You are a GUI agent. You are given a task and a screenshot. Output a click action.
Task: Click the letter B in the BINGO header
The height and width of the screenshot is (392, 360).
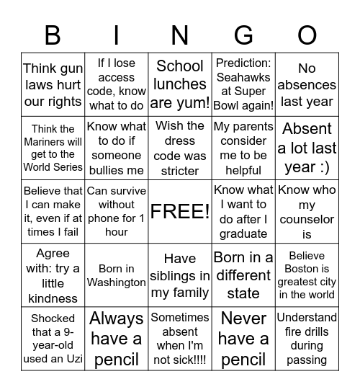[53, 35]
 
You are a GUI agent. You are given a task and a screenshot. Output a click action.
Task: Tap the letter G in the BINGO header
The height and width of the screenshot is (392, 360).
[243, 35]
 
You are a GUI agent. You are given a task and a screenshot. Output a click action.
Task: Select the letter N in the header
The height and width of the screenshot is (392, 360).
[180, 35]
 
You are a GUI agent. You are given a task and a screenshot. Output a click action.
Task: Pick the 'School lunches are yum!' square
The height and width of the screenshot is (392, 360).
[180, 84]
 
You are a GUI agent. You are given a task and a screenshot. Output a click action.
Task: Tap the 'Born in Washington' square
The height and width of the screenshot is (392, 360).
[117, 275]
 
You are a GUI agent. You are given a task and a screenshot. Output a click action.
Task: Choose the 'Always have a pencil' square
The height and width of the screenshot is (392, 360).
[117, 339]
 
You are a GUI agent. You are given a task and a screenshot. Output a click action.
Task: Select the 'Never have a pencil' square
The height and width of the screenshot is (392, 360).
[243, 339]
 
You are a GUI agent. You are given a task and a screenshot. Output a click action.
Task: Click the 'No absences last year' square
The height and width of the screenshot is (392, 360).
[307, 84]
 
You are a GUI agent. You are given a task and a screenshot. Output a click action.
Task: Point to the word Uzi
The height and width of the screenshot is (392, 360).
[67, 358]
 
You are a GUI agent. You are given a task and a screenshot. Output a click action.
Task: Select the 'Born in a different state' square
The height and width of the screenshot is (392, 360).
[243, 275]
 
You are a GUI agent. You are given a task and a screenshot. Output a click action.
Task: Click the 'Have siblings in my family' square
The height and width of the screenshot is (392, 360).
[180, 275]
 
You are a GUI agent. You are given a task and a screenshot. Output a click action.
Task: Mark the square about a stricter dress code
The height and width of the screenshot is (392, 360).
[180, 148]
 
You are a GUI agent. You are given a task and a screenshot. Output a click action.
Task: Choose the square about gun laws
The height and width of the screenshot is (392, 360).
[53, 84]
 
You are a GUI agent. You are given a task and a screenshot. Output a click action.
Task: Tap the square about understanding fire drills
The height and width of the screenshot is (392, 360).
[307, 339]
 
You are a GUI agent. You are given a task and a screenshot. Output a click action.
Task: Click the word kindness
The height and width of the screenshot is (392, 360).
[53, 298]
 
